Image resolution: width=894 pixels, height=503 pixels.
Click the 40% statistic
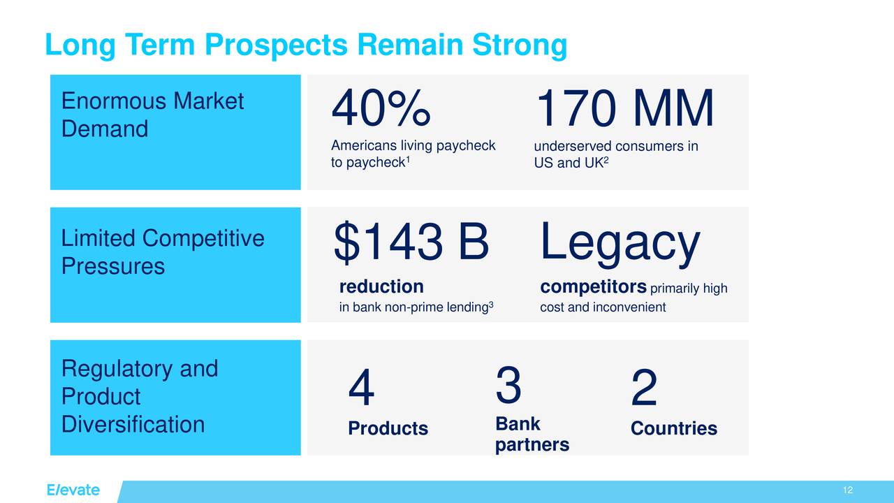point(381,110)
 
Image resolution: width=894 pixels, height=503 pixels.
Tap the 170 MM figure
point(624,110)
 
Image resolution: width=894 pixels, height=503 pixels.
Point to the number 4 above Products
point(361,390)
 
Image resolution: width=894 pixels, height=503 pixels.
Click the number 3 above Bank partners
point(508,386)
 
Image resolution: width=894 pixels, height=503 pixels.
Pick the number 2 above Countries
point(643,390)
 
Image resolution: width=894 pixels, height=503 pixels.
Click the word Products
point(388,428)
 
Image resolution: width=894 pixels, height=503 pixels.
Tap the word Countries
point(673,428)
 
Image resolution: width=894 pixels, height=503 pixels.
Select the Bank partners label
point(532,435)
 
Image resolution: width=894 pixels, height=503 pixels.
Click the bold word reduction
point(381,287)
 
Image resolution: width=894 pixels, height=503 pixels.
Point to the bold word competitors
point(593,287)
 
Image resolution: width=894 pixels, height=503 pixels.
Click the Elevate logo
point(73,490)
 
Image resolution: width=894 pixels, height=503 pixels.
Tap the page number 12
point(848,490)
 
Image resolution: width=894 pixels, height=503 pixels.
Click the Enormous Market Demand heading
point(152,115)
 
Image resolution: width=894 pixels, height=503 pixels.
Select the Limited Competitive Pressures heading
point(162,252)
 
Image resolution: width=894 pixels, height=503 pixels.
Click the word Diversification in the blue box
point(133,424)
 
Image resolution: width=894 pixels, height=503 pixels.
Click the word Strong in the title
point(520,45)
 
